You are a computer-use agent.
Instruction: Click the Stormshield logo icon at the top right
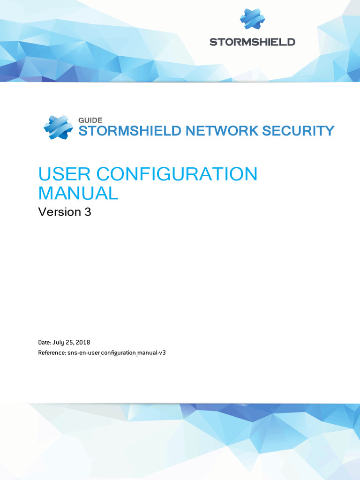[252, 19]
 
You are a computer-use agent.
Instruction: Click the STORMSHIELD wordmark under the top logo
[252, 42]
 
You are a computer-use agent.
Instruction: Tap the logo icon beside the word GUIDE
[58, 127]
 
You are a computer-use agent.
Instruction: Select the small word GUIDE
[90, 120]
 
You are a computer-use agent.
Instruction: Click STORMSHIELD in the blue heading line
[129, 131]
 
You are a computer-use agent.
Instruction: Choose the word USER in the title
[64, 174]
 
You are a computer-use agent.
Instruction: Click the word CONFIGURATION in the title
[176, 174]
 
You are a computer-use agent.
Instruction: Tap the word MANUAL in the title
[78, 193]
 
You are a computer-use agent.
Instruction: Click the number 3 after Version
[88, 212]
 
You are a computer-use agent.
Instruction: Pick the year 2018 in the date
[82, 343]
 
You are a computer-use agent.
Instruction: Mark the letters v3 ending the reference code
[163, 352]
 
